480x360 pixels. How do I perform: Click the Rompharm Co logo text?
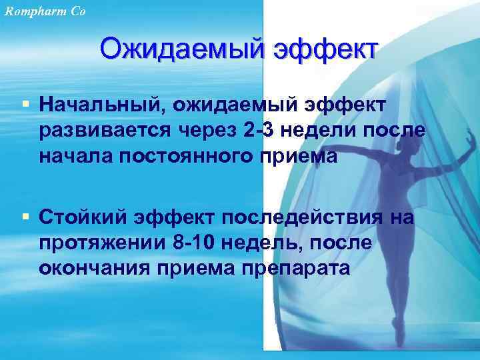coord(43,10)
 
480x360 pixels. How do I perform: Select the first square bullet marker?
coord(25,104)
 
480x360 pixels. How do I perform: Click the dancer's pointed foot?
coord(397,331)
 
